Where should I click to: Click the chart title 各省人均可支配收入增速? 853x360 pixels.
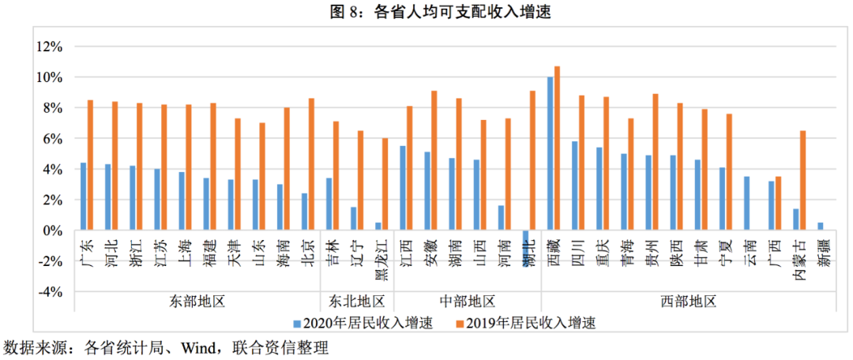point(426,12)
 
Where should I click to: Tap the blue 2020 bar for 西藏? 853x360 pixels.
point(550,154)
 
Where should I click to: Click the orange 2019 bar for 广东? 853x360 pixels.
point(90,165)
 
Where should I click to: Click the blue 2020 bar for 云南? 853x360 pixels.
point(746,204)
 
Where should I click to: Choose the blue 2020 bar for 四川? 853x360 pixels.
point(574,186)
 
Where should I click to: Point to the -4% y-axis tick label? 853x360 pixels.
point(49,292)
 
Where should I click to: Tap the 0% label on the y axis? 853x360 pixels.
point(52,231)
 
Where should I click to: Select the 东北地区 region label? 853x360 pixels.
point(357,301)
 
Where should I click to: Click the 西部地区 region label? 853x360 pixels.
point(688,301)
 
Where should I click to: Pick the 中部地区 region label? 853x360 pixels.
point(467,301)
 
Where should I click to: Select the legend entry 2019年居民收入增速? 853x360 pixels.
point(524,323)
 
